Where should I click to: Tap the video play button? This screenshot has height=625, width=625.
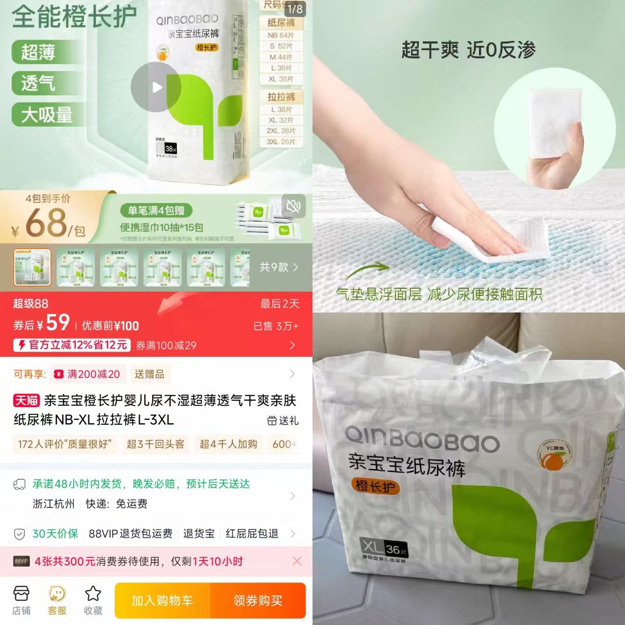(156, 87)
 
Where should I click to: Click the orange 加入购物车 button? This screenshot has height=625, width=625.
(162, 601)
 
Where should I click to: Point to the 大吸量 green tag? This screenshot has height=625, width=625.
(47, 115)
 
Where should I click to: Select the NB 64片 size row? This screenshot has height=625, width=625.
(281, 35)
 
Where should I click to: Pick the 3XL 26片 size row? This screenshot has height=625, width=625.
(281, 142)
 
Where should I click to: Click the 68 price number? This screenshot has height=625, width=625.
(46, 223)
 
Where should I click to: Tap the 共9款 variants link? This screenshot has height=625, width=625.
(279, 267)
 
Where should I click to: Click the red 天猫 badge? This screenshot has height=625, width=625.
(26, 401)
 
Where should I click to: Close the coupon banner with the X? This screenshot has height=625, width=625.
(297, 561)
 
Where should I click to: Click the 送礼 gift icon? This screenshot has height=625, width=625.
(272, 420)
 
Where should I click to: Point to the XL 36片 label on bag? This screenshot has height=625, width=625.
(384, 548)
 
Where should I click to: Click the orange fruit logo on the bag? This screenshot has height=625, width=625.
(553, 457)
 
